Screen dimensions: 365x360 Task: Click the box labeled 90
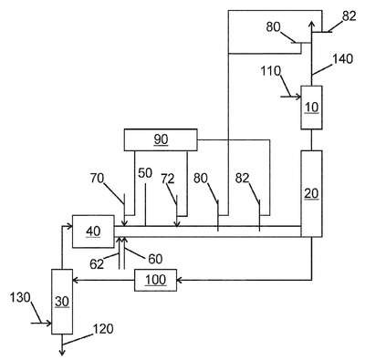coord(161,139)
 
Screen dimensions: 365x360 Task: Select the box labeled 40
coord(93,231)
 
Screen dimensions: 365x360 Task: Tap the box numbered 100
coord(155,280)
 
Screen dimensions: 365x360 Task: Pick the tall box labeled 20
coord(311,193)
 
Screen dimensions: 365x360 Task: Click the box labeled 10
coord(311,108)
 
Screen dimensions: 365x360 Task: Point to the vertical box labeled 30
coord(62,302)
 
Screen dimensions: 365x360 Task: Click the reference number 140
coord(343,59)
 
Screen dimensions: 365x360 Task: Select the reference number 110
coord(270,71)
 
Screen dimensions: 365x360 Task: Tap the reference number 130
coord(20,297)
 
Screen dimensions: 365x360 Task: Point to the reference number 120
coord(103,329)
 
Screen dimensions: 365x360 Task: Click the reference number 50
coord(145,173)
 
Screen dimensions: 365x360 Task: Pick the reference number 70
coord(98,179)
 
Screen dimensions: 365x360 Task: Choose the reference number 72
coord(168,179)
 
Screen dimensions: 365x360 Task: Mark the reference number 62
coord(97,264)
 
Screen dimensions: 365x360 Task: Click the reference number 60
coord(155,259)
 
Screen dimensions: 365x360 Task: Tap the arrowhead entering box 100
coord(179,280)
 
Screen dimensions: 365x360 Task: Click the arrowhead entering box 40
coord(69,226)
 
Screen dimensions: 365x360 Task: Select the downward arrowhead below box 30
coord(62,353)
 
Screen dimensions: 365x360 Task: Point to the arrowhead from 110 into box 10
coord(298,97)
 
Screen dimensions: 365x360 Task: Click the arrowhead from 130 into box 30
coord(48,324)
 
